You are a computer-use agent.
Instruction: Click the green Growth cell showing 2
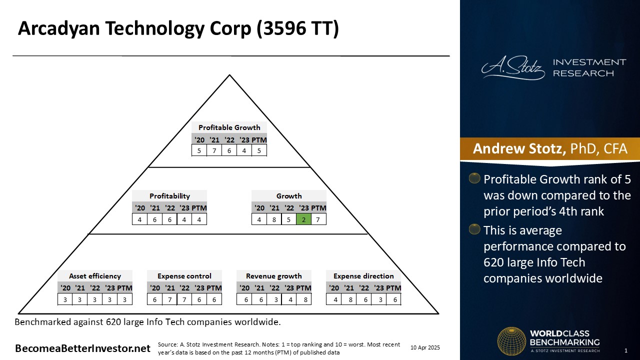pyautogui.click(x=303, y=219)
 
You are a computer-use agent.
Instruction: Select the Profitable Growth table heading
pyautogui.click(x=229, y=127)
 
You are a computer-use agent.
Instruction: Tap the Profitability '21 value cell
pyautogui.click(x=154, y=219)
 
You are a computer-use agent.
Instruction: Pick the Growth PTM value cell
pyautogui.click(x=318, y=219)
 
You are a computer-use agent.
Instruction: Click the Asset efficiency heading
pyautogui.click(x=95, y=276)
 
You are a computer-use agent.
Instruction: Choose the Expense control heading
pyautogui.click(x=184, y=276)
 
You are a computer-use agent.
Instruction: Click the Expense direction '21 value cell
pyautogui.click(x=350, y=299)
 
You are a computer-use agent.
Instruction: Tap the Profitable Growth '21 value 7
pyautogui.click(x=214, y=150)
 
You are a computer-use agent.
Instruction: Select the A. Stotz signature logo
pyautogui.click(x=513, y=67)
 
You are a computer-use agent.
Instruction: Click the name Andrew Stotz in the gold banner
pyautogui.click(x=519, y=148)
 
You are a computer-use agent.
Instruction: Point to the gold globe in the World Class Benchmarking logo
pyautogui.click(x=511, y=341)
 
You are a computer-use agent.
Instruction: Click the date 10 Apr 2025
pyautogui.click(x=425, y=347)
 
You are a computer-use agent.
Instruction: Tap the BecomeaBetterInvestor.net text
pyautogui.click(x=82, y=348)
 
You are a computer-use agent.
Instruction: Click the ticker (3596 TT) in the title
pyautogui.click(x=297, y=28)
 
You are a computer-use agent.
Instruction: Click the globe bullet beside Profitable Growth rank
pyautogui.click(x=474, y=178)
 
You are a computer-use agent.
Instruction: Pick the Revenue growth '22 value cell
pyautogui.click(x=275, y=299)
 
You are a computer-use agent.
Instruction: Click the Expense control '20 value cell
pyautogui.click(x=154, y=299)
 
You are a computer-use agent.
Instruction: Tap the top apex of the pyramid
pyautogui.click(x=229, y=75)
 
